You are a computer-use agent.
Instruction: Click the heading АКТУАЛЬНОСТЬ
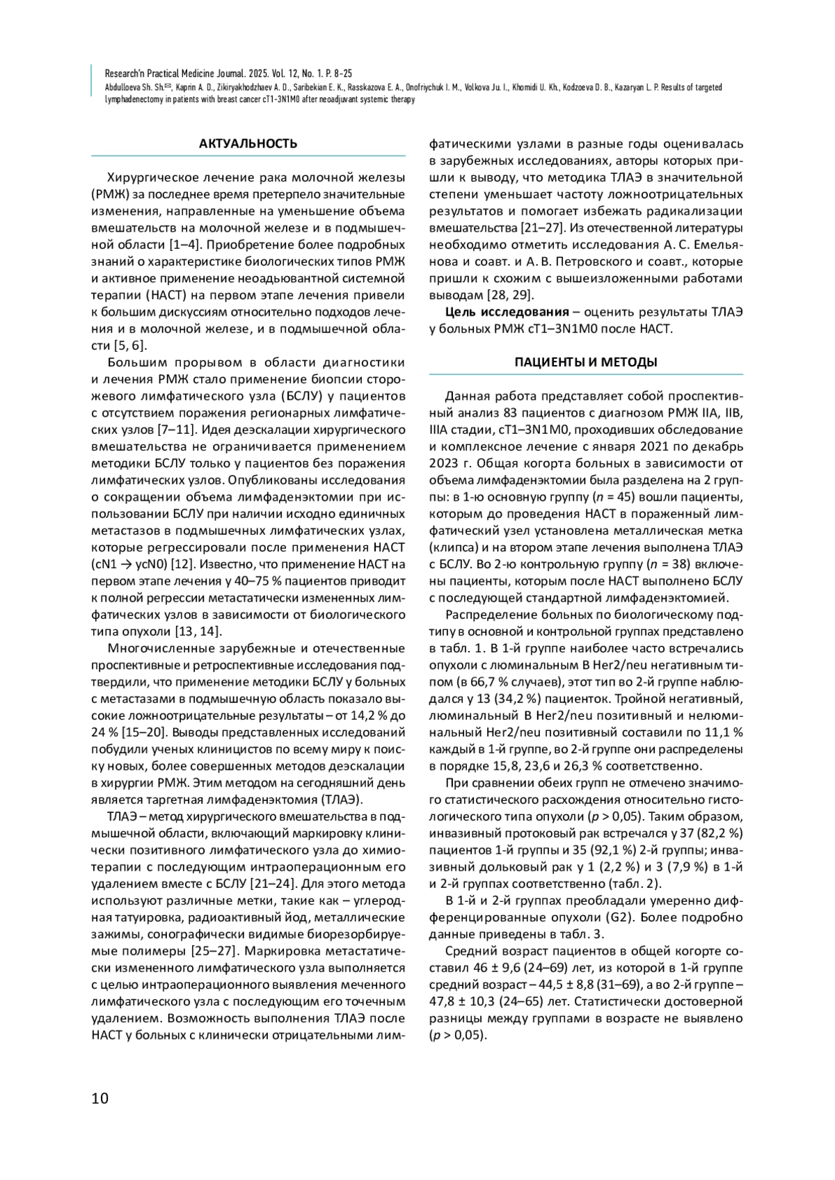248,144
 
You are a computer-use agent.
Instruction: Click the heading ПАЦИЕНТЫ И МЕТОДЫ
586,362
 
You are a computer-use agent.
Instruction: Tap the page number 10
100,1098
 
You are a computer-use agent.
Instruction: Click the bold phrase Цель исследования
507,312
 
